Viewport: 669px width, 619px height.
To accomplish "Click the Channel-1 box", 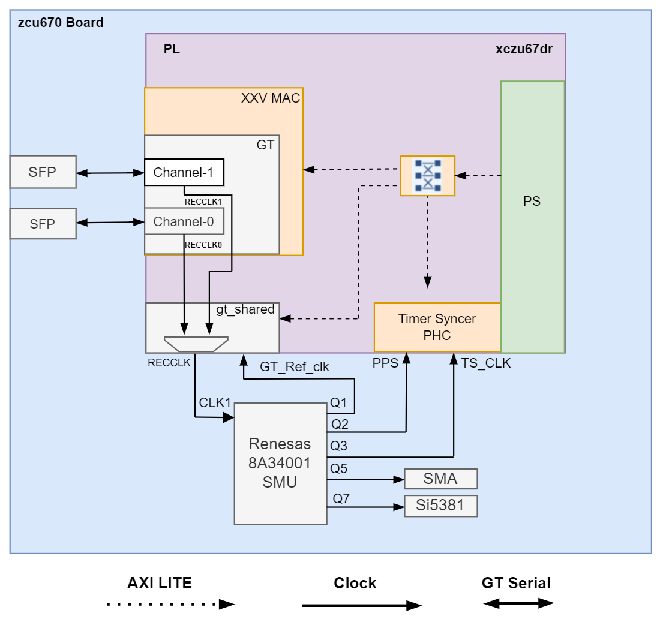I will (184, 172).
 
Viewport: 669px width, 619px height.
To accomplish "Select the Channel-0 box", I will (184, 221).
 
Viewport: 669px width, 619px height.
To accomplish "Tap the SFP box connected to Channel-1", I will (43, 172).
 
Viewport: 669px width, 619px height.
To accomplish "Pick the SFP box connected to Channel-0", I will (43, 224).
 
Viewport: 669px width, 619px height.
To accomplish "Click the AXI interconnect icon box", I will (428, 176).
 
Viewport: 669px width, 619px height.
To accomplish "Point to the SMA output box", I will (440, 479).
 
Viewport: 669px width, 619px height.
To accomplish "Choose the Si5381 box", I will (440, 506).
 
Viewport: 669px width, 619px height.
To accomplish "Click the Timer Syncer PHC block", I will (437, 327).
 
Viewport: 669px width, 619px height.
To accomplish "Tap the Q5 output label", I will (339, 468).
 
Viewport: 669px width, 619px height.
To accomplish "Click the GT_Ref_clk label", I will (294, 367).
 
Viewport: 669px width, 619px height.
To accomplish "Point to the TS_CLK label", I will (486, 363).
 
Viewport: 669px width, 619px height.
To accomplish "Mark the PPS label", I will (385, 363).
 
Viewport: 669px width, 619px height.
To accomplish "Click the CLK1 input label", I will (215, 402).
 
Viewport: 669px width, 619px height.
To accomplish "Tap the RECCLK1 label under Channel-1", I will (203, 202).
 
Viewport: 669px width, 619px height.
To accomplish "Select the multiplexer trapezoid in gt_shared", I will (196, 344).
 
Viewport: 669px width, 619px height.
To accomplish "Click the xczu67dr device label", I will (524, 49).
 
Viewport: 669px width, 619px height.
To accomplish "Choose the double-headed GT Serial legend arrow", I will (518, 603).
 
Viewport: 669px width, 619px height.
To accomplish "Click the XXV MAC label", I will (270, 98).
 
